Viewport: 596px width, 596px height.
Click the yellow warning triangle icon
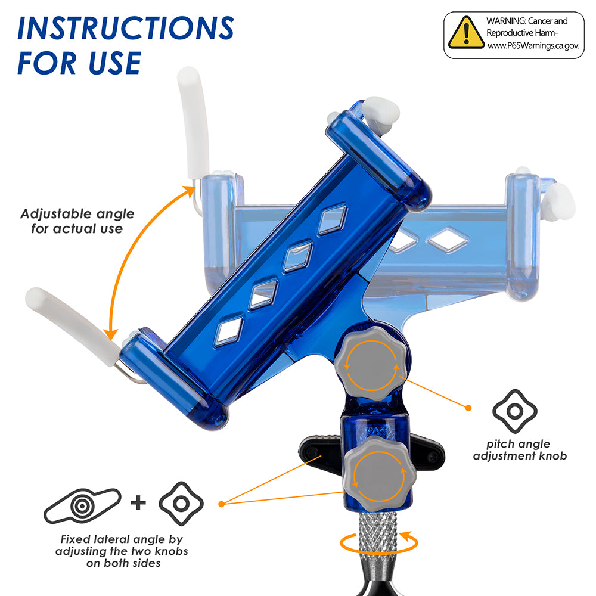(x=466, y=33)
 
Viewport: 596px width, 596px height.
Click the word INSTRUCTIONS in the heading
(x=126, y=28)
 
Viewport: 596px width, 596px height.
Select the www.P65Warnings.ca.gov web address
(x=533, y=46)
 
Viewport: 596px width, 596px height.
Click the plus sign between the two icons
(x=138, y=503)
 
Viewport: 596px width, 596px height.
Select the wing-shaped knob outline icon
(x=82, y=505)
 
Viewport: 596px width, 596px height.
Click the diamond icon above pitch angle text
(x=515, y=411)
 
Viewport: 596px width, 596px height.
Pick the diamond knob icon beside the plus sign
(x=181, y=504)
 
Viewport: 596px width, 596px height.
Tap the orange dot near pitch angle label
(x=468, y=408)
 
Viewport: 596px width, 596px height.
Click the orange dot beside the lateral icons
(x=222, y=504)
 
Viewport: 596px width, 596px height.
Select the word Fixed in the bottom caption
(x=76, y=539)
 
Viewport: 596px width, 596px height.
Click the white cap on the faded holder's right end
(x=560, y=201)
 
